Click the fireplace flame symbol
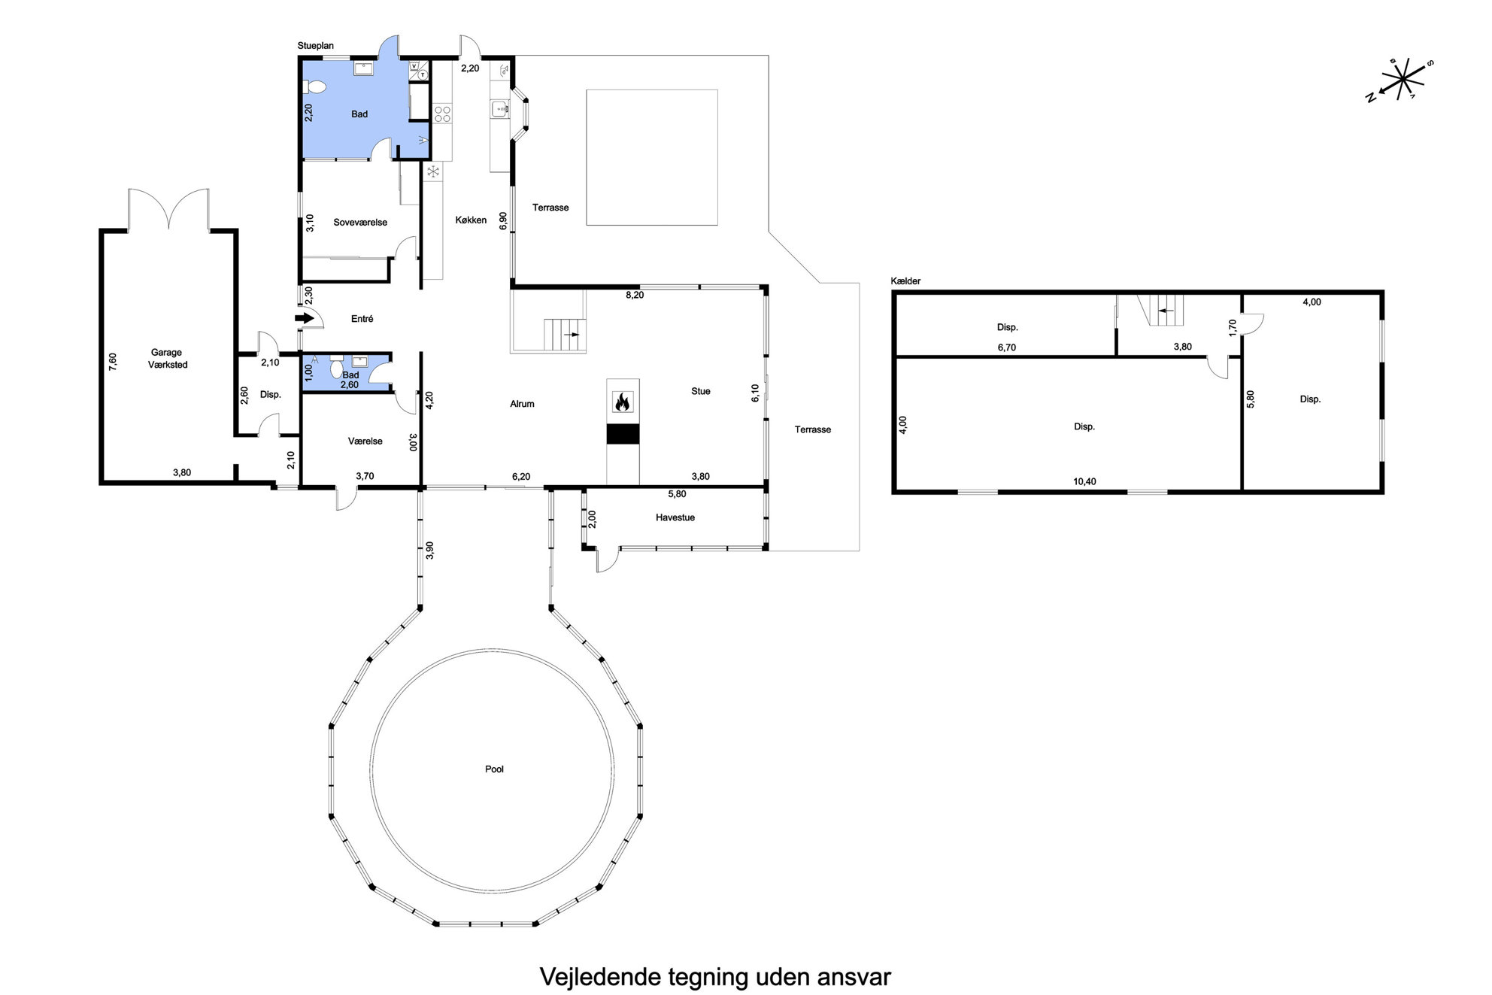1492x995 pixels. pos(623,402)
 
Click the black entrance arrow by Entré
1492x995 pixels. pos(305,318)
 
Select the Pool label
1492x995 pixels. pos(494,769)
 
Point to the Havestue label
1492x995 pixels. pos(675,517)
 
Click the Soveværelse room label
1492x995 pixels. pos(360,223)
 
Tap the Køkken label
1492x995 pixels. pos(472,220)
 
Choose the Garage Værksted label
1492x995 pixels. pos(167,358)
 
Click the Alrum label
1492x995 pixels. pos(522,404)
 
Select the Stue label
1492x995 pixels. pos(701,391)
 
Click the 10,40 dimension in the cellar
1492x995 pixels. pos(1084,481)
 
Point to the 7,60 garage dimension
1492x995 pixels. pos(113,361)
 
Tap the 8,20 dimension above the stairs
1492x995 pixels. pos(635,296)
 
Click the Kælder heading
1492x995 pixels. pos(906,281)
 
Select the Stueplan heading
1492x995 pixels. pos(316,46)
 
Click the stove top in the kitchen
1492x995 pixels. pos(442,114)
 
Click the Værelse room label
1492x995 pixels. pos(365,441)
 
